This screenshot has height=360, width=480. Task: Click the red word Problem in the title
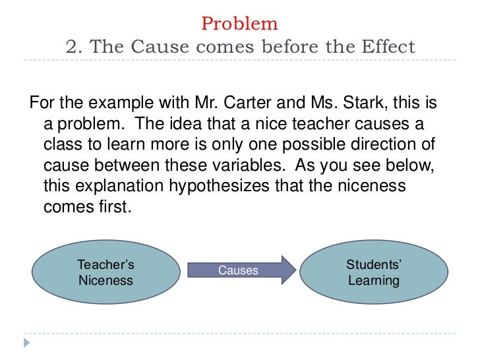[239, 24]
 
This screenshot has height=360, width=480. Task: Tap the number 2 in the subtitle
[73, 47]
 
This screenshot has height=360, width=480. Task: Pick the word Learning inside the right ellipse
[374, 281]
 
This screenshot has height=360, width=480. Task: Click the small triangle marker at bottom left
[26, 343]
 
